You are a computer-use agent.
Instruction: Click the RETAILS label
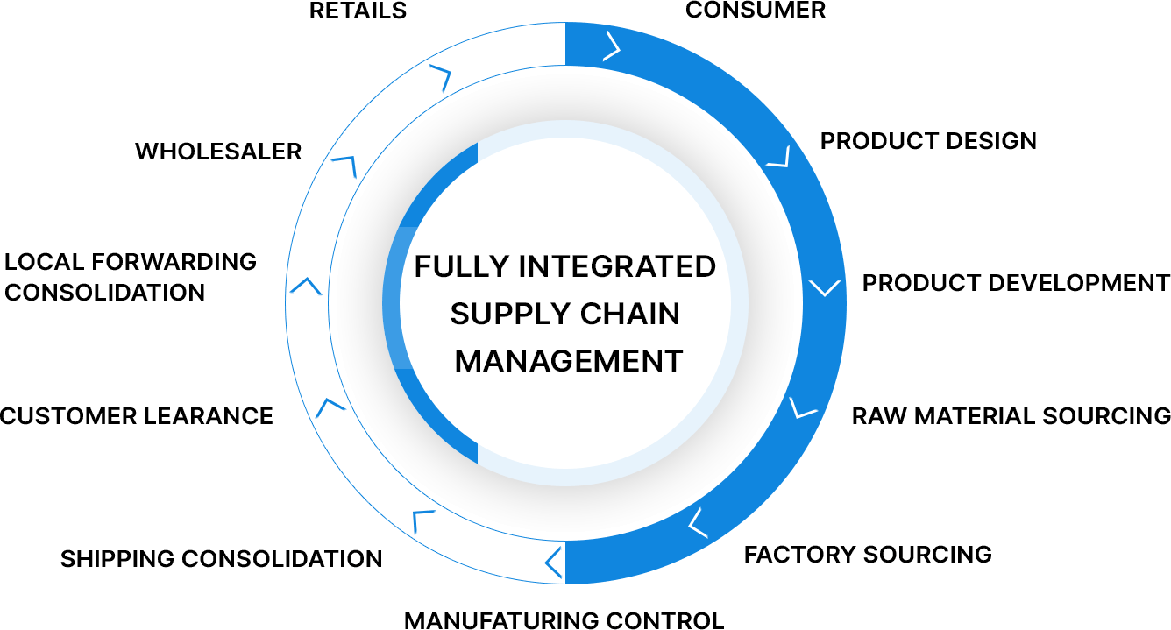358,11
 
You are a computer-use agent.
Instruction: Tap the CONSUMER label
755,11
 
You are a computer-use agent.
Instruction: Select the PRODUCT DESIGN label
928,141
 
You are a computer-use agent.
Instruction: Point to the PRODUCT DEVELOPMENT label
1016,283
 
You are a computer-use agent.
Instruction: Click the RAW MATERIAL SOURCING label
1011,415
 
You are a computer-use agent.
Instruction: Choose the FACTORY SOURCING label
868,555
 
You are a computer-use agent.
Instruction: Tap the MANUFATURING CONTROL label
564,621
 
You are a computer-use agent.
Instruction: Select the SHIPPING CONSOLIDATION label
221,559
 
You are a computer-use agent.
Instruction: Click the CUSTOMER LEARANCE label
137,415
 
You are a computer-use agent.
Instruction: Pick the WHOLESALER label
218,152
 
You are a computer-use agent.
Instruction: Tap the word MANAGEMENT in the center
569,361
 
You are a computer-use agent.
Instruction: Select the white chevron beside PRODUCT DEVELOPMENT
825,287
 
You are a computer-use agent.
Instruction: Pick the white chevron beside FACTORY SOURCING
699,522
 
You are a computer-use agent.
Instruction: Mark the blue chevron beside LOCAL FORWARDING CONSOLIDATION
305,286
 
